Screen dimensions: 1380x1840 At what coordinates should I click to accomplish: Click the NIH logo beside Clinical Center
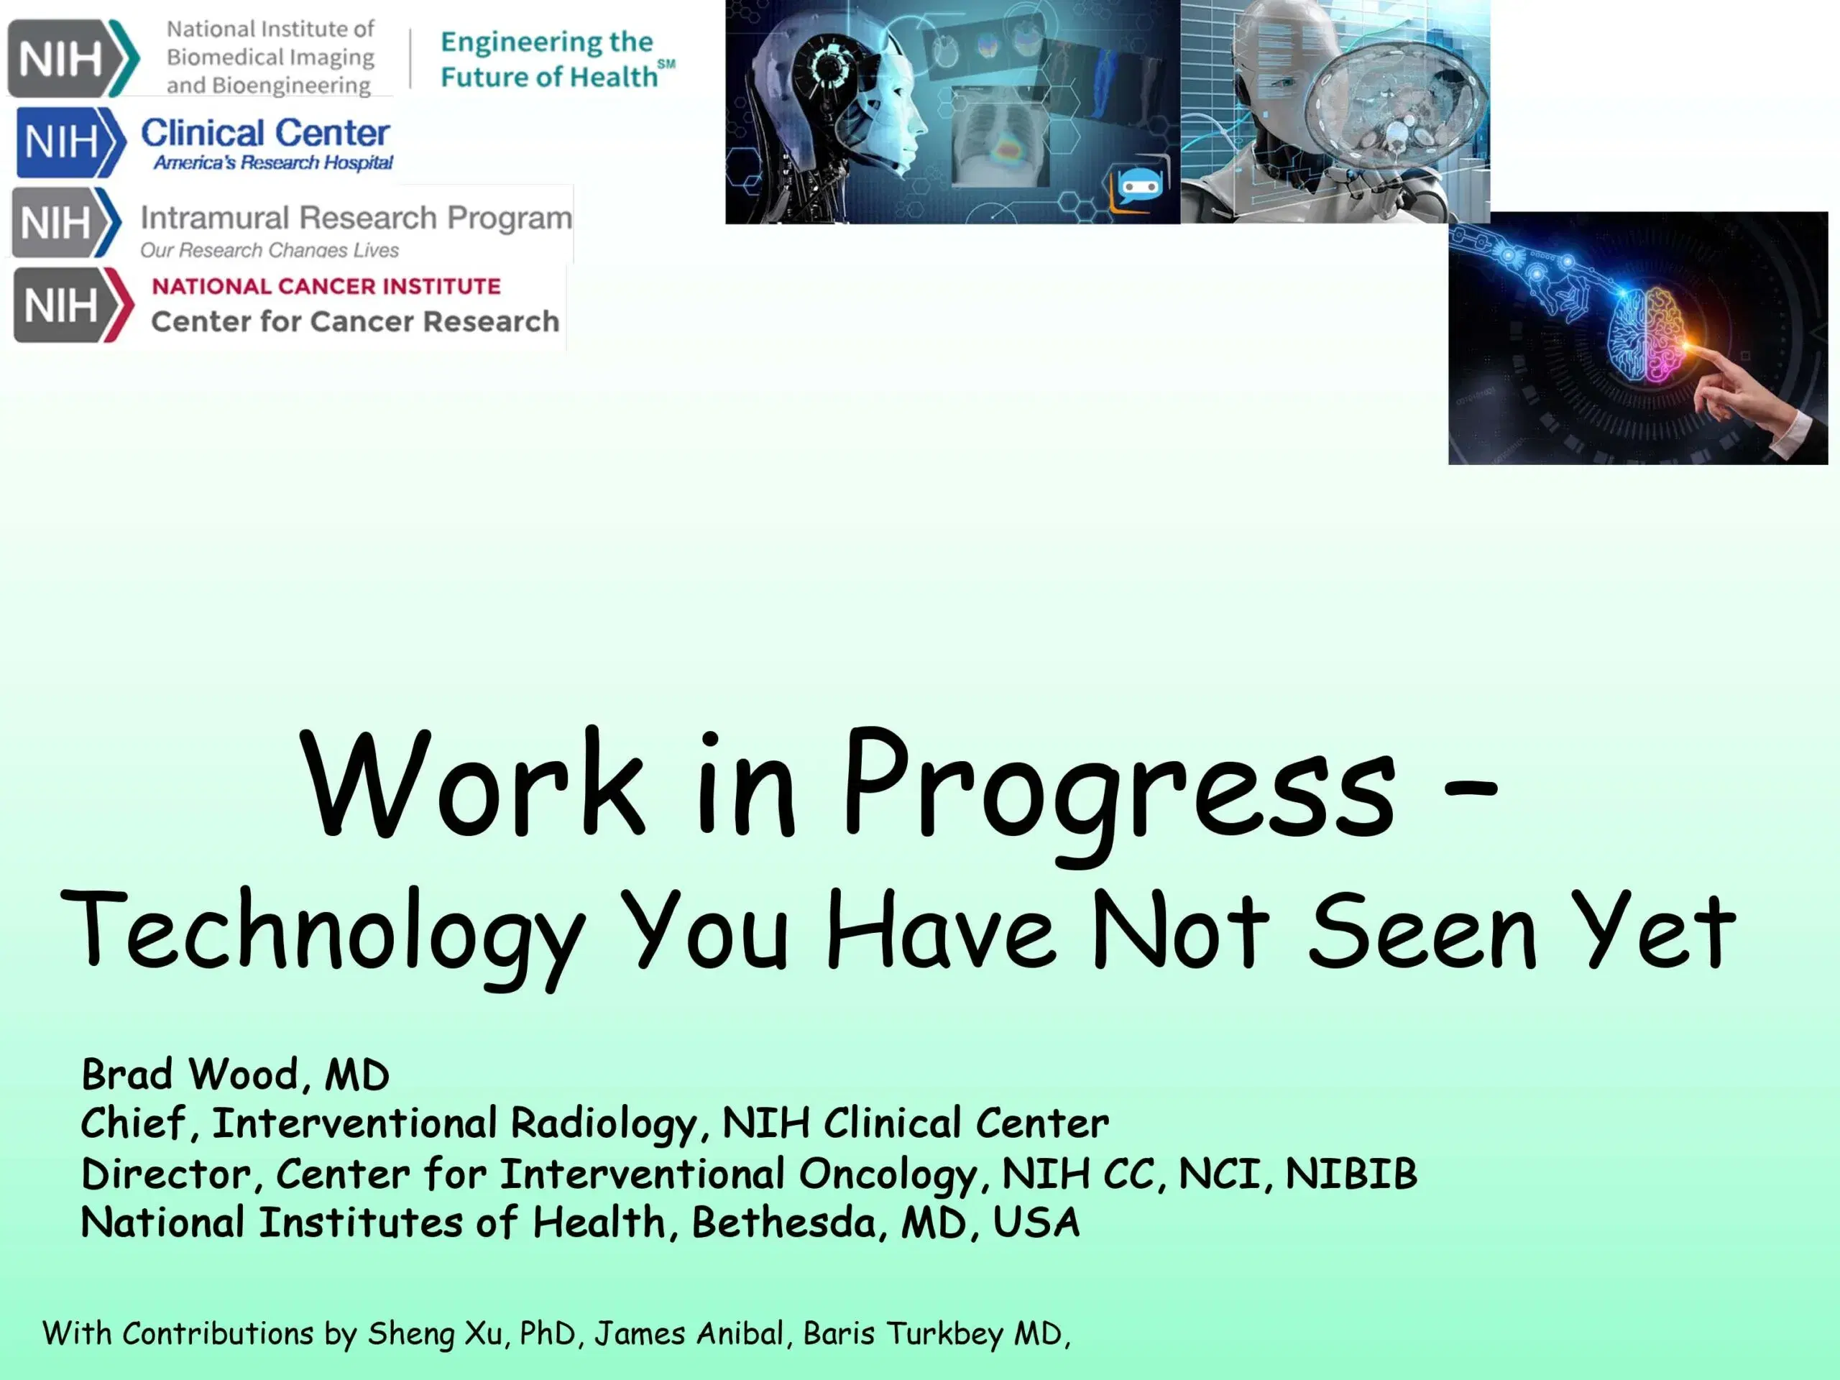pyautogui.click(x=70, y=142)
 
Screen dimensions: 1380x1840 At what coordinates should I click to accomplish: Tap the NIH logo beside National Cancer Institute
pyautogui.click(x=73, y=305)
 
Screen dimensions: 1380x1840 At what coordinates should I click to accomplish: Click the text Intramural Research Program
pyautogui.click(x=355, y=218)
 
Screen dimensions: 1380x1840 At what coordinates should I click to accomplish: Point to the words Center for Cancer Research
pyautogui.click(x=355, y=322)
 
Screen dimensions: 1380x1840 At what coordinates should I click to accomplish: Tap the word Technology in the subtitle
pyautogui.click(x=324, y=931)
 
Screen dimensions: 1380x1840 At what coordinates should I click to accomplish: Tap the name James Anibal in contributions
pyautogui.click(x=689, y=1333)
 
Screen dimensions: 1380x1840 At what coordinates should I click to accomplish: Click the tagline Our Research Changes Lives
pyautogui.click(x=269, y=250)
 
